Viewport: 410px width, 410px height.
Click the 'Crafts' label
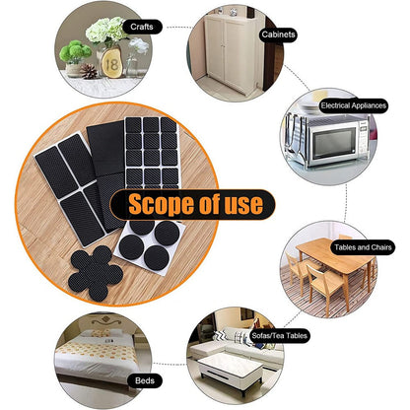[140, 27]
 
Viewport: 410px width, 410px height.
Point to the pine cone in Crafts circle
[89, 71]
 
